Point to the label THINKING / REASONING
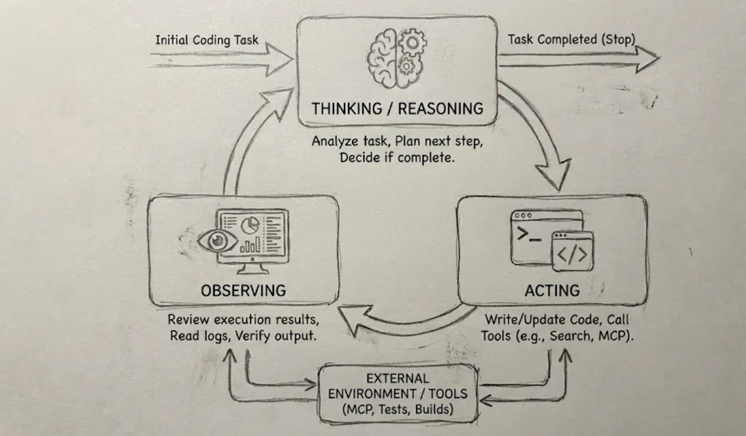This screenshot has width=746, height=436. pyautogui.click(x=398, y=108)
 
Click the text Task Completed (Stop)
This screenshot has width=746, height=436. pyautogui.click(x=571, y=39)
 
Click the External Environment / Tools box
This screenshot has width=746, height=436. pyautogui.click(x=397, y=393)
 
